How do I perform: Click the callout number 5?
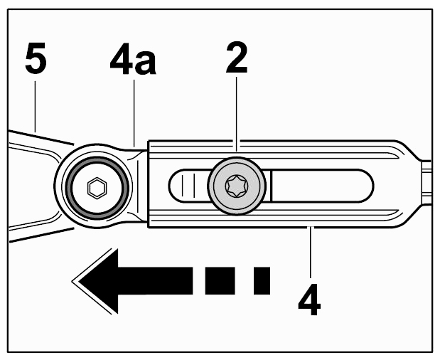point(36,58)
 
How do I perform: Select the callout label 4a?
point(133,59)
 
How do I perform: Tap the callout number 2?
point(237,58)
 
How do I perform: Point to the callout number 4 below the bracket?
point(309,300)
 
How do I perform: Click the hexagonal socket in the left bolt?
point(97,188)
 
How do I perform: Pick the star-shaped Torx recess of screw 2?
point(236,186)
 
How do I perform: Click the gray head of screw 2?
point(237,186)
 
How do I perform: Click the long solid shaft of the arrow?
point(155,281)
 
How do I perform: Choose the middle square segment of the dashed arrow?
point(220,281)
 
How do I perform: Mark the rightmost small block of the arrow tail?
point(262,281)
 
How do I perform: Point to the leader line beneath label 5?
point(35,107)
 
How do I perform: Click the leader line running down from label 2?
point(237,115)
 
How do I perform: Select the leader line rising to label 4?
point(310,252)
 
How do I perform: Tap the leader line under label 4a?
point(134,113)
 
